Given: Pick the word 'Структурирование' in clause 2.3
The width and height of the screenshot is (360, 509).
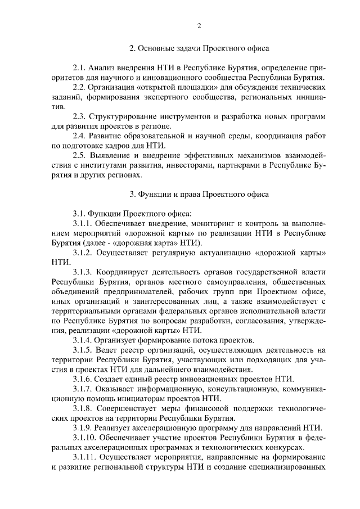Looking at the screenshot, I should point(124,116).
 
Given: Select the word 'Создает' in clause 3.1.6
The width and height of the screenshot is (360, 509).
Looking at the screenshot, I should point(112,379).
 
